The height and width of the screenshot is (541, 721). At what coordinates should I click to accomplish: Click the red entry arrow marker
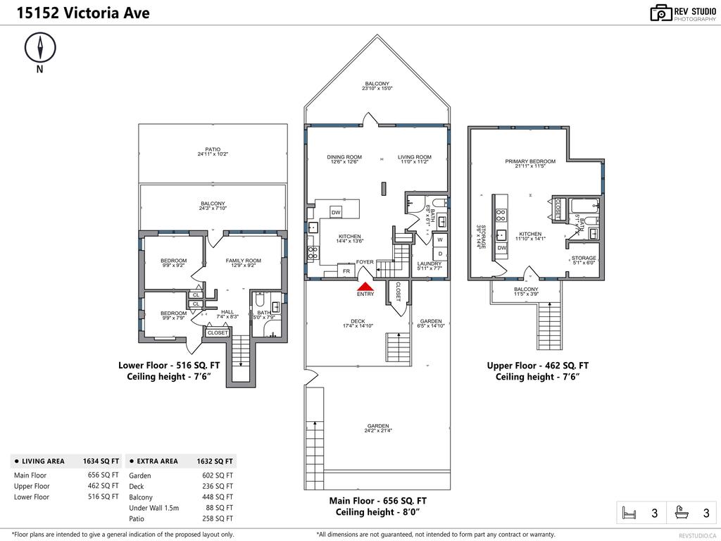click(x=365, y=286)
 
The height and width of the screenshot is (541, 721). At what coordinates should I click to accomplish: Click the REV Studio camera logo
click(x=661, y=13)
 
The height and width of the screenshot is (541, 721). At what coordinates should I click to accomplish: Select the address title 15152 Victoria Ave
click(x=76, y=13)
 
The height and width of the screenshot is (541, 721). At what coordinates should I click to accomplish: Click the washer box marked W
click(x=440, y=240)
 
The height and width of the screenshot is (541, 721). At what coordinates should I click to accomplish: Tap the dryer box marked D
click(x=440, y=254)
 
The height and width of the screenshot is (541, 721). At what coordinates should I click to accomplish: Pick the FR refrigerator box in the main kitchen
click(x=346, y=271)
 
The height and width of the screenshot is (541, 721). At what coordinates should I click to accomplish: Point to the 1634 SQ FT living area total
click(x=101, y=461)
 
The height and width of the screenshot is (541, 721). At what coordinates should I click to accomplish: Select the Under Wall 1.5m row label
click(x=154, y=508)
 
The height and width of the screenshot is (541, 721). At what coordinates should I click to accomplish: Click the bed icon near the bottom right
click(x=627, y=513)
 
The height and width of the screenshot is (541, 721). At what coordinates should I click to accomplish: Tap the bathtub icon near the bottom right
click(x=680, y=513)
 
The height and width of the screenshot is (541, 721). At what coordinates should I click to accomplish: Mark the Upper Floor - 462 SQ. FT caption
click(x=537, y=366)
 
